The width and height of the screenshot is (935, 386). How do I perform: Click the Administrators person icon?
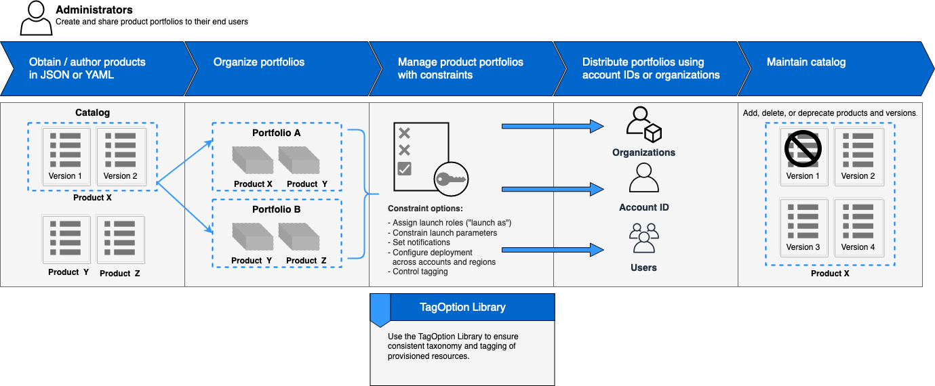35,18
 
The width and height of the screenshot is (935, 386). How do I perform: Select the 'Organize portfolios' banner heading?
259,62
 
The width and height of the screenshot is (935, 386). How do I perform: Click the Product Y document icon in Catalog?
66,238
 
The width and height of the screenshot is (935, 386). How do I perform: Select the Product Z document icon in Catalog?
120,238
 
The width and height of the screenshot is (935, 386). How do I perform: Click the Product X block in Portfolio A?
252,161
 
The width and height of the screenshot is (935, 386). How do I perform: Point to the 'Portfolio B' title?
276,210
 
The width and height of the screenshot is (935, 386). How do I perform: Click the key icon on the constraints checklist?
451,179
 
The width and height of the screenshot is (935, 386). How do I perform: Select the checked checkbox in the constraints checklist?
405,169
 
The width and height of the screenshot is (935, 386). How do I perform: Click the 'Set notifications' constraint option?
421,242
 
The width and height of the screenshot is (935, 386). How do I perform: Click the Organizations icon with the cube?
643,125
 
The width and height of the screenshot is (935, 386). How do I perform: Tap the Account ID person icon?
643,178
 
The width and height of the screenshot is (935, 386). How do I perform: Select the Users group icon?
643,238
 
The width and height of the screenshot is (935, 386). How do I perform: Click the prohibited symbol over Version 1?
803,148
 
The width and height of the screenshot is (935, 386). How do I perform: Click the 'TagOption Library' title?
462,307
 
